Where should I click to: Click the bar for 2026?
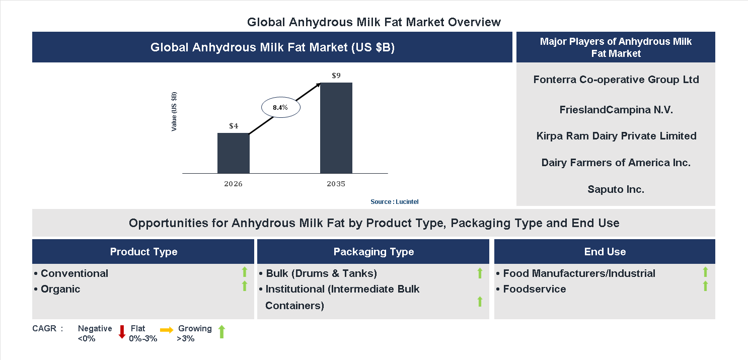tap(233, 153)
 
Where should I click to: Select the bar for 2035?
tap(336, 128)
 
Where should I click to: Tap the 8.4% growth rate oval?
tap(280, 107)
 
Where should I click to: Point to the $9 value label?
tap(336, 76)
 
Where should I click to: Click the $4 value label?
tap(234, 126)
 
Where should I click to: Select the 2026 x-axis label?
tap(233, 184)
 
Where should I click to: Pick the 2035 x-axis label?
tap(336, 184)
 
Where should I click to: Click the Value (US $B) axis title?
tap(174, 112)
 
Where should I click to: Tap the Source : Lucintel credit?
tap(394, 202)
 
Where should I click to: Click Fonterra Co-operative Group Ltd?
tap(616, 80)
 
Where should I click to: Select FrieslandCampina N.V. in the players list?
tap(616, 110)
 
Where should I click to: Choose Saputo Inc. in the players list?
tap(616, 189)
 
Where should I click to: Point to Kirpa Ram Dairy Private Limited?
tap(616, 136)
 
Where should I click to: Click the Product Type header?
tap(143, 252)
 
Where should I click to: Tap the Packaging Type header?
tap(373, 252)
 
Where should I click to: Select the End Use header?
tap(605, 252)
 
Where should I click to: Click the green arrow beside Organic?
tap(245, 286)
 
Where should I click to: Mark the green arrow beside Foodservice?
tap(705, 286)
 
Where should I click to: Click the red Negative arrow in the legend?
tap(121, 332)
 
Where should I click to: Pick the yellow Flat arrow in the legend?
tap(166, 330)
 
